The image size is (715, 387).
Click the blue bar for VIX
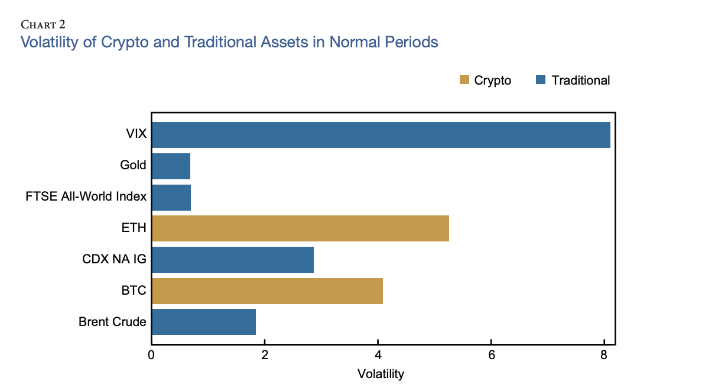tap(381, 134)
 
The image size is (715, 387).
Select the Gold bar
tap(171, 166)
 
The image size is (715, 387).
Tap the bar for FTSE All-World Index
tap(171, 197)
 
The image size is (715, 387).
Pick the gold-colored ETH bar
tap(300, 228)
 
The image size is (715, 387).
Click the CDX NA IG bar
tap(232, 260)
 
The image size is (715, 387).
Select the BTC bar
tap(267, 291)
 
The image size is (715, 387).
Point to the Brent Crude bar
tap(204, 322)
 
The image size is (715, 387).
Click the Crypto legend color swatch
tap(464, 80)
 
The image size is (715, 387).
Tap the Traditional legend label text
tap(580, 80)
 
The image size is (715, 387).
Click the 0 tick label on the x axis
tap(151, 356)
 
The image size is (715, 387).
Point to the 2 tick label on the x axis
tap(265, 356)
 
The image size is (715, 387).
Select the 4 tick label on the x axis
tap(378, 356)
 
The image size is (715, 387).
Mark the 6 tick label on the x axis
tap(491, 356)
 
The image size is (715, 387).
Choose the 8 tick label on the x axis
tap(604, 356)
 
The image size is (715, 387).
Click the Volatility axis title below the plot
tap(381, 374)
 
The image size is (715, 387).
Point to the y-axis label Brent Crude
tap(112, 322)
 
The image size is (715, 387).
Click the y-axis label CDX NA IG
tap(114, 260)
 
